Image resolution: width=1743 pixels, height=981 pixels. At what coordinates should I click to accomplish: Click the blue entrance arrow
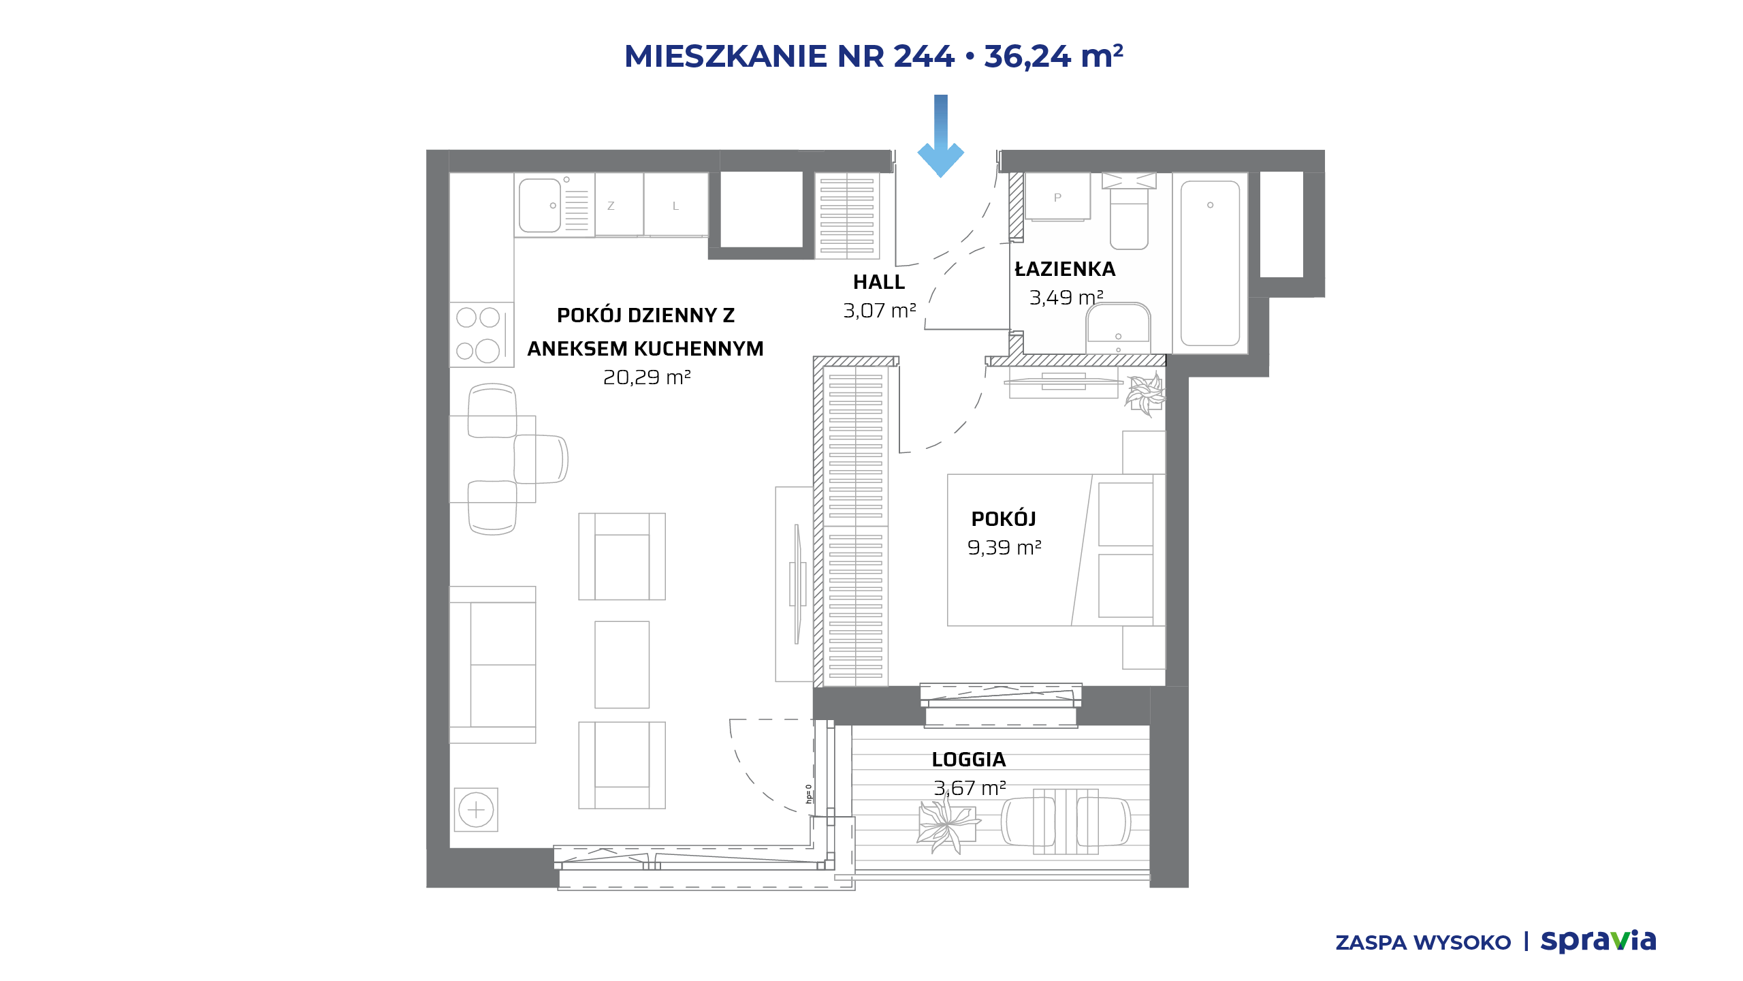tap(940, 136)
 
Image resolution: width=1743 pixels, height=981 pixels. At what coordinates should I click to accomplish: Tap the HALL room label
tap(879, 282)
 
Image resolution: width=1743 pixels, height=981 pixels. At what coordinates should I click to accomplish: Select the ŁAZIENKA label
tap(1065, 269)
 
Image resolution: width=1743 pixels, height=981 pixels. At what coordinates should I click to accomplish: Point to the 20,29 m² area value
tap(647, 377)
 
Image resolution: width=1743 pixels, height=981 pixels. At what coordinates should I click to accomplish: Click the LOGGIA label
tap(969, 760)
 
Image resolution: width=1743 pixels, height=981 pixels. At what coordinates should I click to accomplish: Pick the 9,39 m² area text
tap(1004, 548)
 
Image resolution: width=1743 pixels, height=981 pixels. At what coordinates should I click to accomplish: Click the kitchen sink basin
tap(540, 205)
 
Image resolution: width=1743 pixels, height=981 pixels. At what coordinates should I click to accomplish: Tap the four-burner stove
tap(481, 334)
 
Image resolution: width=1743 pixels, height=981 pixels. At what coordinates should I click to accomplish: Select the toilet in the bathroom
tap(1129, 211)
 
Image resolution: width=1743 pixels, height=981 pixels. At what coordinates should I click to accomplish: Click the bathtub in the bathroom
tap(1210, 263)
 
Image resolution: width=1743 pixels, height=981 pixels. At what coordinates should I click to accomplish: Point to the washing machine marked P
tap(1057, 197)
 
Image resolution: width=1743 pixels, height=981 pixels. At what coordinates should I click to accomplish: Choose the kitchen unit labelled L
tap(676, 205)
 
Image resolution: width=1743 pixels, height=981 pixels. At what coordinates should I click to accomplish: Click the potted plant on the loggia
tap(947, 825)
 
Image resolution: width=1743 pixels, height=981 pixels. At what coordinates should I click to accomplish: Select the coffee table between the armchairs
tap(622, 664)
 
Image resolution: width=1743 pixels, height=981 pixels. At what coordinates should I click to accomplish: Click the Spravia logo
tap(1598, 941)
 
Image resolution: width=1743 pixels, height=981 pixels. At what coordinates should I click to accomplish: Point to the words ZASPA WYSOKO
tap(1423, 943)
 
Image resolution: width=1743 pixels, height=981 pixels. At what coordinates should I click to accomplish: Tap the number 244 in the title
tap(924, 56)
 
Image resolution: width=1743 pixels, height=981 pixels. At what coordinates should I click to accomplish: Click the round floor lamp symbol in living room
tap(476, 810)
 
